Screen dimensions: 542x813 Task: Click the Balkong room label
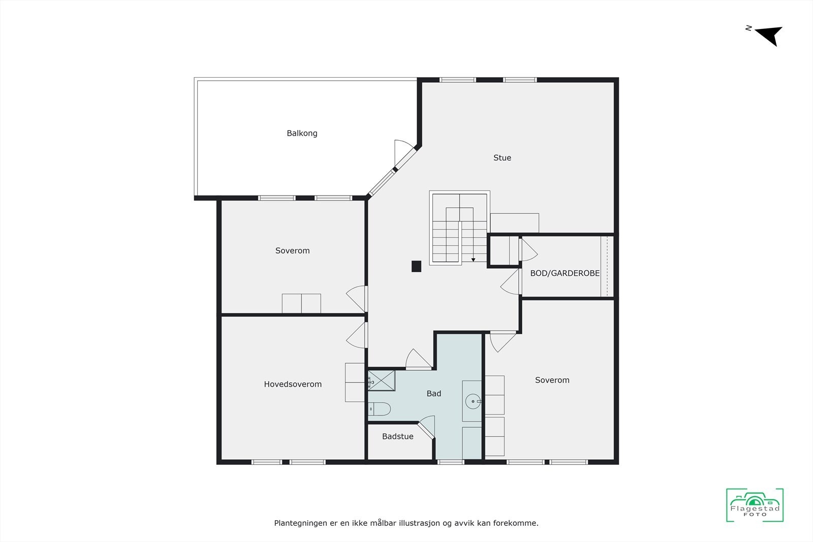click(302, 134)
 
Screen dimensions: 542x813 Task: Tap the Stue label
click(502, 158)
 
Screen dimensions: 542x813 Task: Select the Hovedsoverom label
click(293, 385)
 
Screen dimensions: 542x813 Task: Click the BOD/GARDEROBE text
click(565, 273)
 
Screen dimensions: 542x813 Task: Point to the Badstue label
click(397, 436)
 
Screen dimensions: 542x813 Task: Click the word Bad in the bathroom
click(433, 394)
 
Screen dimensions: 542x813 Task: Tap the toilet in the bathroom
click(379, 408)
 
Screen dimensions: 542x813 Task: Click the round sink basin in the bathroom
click(473, 401)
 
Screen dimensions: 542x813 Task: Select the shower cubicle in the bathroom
click(381, 380)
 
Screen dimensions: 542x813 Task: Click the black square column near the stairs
click(416, 266)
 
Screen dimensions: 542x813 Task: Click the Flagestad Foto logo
click(755, 505)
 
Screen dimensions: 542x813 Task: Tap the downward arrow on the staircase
click(473, 259)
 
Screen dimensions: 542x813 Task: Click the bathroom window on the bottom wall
click(451, 462)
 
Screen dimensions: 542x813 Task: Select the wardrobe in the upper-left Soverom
click(301, 304)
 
